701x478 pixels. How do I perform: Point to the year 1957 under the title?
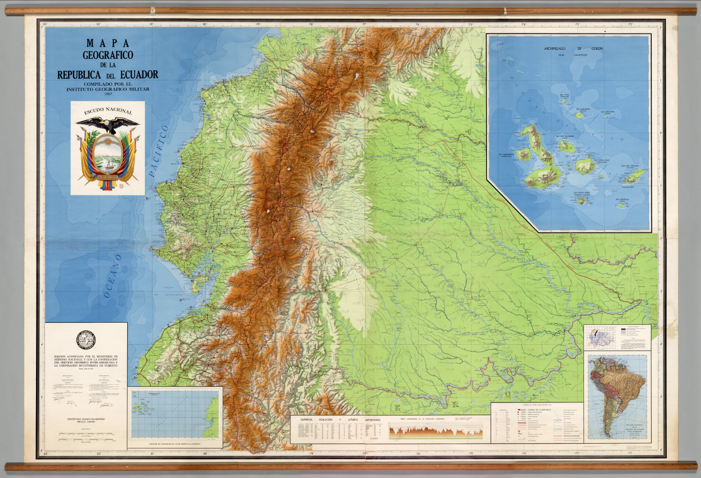pyautogui.click(x=108, y=95)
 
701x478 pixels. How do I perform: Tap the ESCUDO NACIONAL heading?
pyautogui.click(x=108, y=111)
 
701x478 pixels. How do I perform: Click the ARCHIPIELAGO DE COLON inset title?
pyautogui.click(x=573, y=48)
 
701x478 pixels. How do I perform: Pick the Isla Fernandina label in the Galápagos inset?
pyautogui.click(x=507, y=155)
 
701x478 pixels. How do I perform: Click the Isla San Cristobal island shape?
pyautogui.click(x=635, y=174)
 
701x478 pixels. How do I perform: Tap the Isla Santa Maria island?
pyautogui.click(x=581, y=200)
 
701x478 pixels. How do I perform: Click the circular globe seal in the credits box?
pyautogui.click(x=86, y=339)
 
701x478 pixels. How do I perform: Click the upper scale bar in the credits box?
pyautogui.click(x=86, y=434)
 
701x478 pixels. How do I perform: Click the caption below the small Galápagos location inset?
pyautogui.click(x=175, y=443)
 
